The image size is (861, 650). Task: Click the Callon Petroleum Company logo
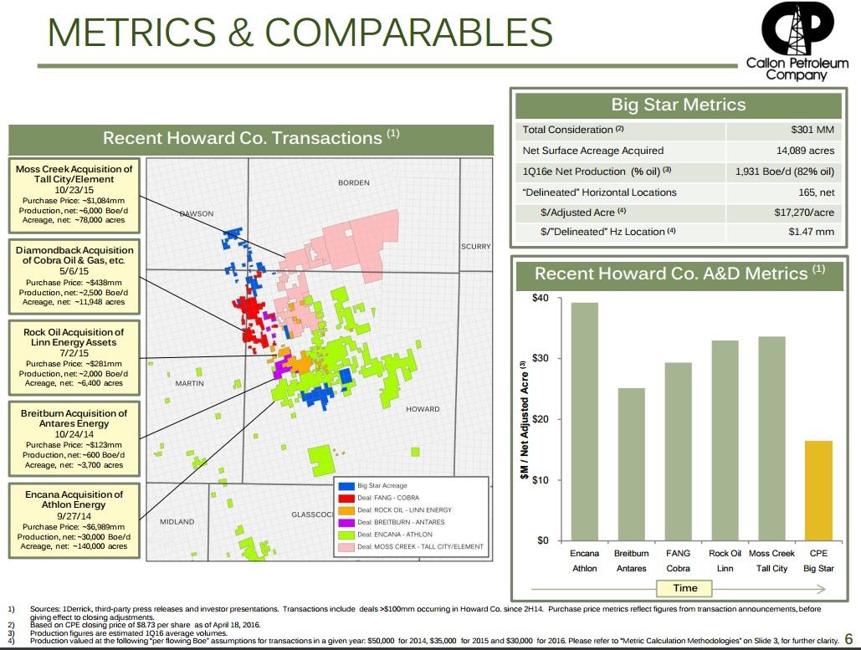(796, 42)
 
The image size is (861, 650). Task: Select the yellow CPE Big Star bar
(818, 490)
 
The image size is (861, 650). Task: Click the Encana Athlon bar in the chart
(584, 421)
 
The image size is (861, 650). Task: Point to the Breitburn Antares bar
(631, 463)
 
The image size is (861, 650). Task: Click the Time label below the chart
(684, 587)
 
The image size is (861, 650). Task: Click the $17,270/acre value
(804, 212)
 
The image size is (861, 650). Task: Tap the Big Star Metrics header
(678, 105)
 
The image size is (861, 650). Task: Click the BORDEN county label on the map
(353, 182)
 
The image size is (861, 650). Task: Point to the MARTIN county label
(190, 383)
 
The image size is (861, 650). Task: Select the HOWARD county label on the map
(423, 409)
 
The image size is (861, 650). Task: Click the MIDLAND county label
(177, 521)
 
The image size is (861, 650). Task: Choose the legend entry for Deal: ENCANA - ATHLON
(394, 535)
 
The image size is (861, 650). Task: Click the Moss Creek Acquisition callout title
(74, 174)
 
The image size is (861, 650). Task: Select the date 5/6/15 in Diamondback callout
(74, 271)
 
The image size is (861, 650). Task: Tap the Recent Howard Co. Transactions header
(251, 138)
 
